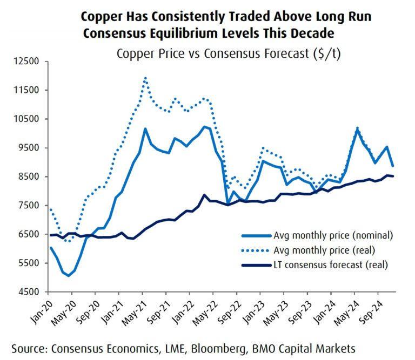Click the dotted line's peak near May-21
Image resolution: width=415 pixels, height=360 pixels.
click(x=145, y=78)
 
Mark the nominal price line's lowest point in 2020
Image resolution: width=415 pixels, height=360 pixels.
click(x=69, y=276)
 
